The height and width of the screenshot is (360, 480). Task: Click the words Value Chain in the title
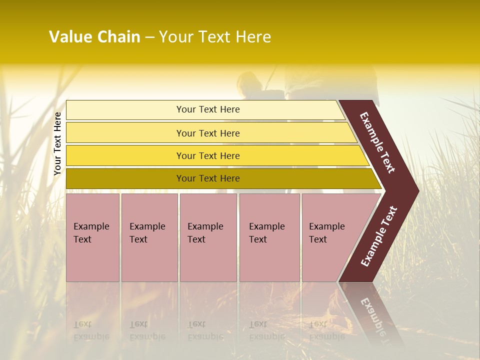tap(94, 37)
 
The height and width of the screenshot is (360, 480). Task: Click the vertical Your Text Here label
tap(57, 143)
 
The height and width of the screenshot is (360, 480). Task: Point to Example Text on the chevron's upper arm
tap(377, 142)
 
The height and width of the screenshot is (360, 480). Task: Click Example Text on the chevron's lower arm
tap(379, 236)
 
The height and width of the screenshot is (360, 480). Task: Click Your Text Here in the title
tap(215, 37)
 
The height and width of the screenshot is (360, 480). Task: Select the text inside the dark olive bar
tap(208, 178)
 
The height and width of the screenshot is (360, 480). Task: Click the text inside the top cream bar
tap(208, 109)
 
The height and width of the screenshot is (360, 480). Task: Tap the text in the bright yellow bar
tap(208, 156)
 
